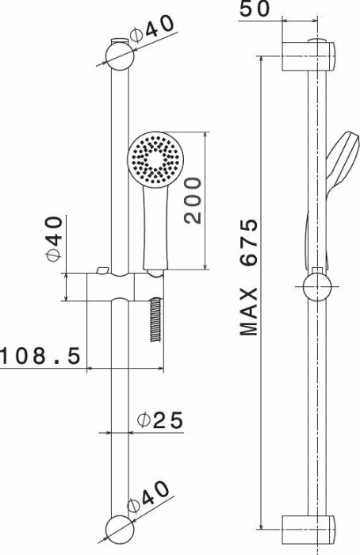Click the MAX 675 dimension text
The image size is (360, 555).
[251, 277]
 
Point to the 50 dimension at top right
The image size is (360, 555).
[255, 10]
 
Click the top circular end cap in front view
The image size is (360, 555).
[119, 55]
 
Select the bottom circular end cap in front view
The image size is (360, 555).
[118, 526]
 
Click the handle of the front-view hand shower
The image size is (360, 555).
[153, 230]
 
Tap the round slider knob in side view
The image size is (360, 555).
[316, 286]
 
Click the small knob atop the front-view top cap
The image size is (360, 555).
[118, 39]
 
